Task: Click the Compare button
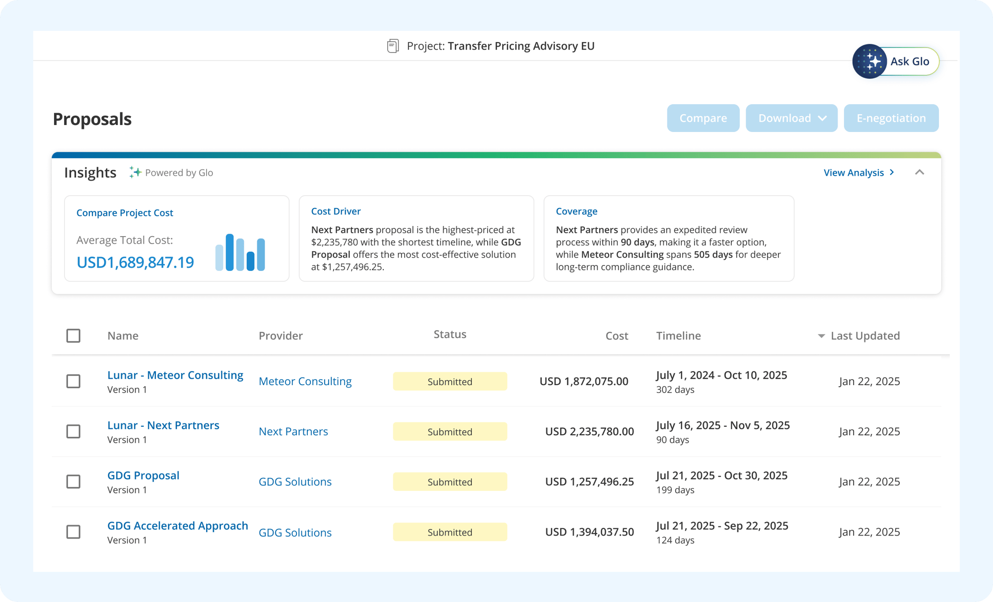(x=703, y=118)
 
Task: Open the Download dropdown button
(x=791, y=118)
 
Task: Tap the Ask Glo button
(x=896, y=62)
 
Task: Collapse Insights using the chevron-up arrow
(x=920, y=172)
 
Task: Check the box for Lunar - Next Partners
(x=73, y=431)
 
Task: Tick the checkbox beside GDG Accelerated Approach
(x=73, y=532)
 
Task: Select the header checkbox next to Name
(x=73, y=335)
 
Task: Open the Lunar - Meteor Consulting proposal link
(x=175, y=375)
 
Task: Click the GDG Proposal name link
(x=143, y=475)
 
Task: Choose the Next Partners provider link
(x=293, y=432)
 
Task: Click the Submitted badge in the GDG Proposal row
(x=450, y=482)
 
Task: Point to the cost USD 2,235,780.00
(x=589, y=432)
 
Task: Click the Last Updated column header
(x=864, y=336)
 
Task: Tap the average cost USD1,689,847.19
(x=135, y=263)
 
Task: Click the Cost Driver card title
(x=336, y=211)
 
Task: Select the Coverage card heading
(x=576, y=211)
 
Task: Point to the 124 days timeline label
(x=675, y=540)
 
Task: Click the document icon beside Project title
(x=393, y=46)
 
